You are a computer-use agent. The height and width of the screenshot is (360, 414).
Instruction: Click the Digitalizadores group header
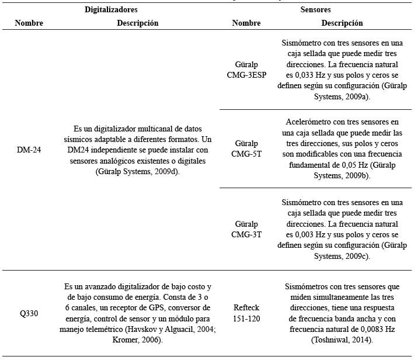tap(111, 10)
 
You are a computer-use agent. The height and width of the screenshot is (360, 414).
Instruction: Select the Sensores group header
tap(315, 10)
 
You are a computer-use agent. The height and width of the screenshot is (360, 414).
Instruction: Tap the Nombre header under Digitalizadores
tap(29, 23)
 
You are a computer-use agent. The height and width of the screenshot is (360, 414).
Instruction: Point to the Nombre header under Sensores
tap(246, 23)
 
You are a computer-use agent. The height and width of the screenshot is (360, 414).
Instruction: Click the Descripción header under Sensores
tap(342, 23)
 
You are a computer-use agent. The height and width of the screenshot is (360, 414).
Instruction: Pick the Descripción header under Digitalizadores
tap(137, 23)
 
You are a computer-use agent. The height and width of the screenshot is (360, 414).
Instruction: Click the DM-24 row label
tap(29, 150)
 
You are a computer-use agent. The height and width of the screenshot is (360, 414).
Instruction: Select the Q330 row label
tap(29, 314)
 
